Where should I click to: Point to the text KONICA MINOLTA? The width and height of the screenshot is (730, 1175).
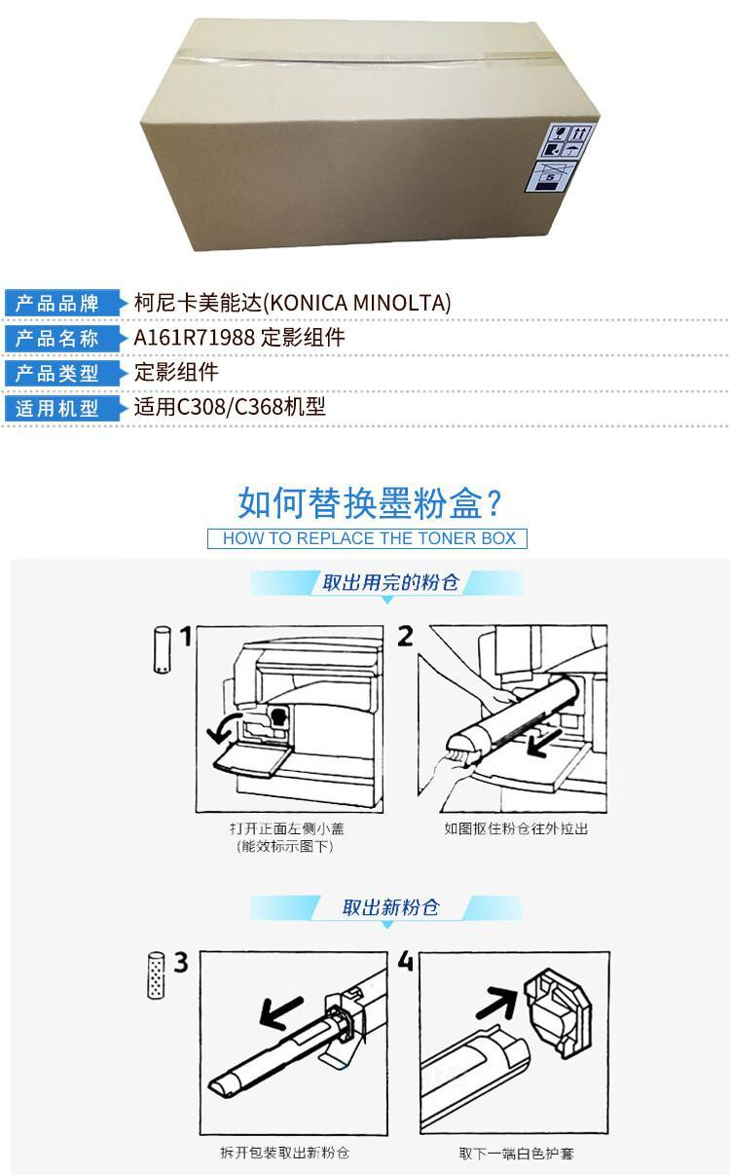pos(359,303)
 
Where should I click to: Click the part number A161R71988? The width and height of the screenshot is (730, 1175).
pos(195,337)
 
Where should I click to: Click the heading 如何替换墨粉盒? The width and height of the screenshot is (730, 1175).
pos(369,503)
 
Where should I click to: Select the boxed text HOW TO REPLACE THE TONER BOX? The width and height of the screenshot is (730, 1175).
pos(369,538)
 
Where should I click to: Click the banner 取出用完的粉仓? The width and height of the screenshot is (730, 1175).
pos(390,582)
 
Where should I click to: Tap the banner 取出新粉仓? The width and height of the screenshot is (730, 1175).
pos(390,906)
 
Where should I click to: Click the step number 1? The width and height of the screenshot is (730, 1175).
pos(186,637)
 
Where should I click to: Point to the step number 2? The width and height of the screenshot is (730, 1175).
pos(405,637)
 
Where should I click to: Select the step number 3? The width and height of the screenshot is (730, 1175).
pos(181,963)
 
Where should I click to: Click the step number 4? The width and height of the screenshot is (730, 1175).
pos(405,961)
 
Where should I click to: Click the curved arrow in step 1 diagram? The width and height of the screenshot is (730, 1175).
pos(223,727)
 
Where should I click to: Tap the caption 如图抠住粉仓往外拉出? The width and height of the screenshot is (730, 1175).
pos(516,828)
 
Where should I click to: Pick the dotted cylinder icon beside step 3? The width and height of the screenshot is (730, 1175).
pos(157,975)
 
